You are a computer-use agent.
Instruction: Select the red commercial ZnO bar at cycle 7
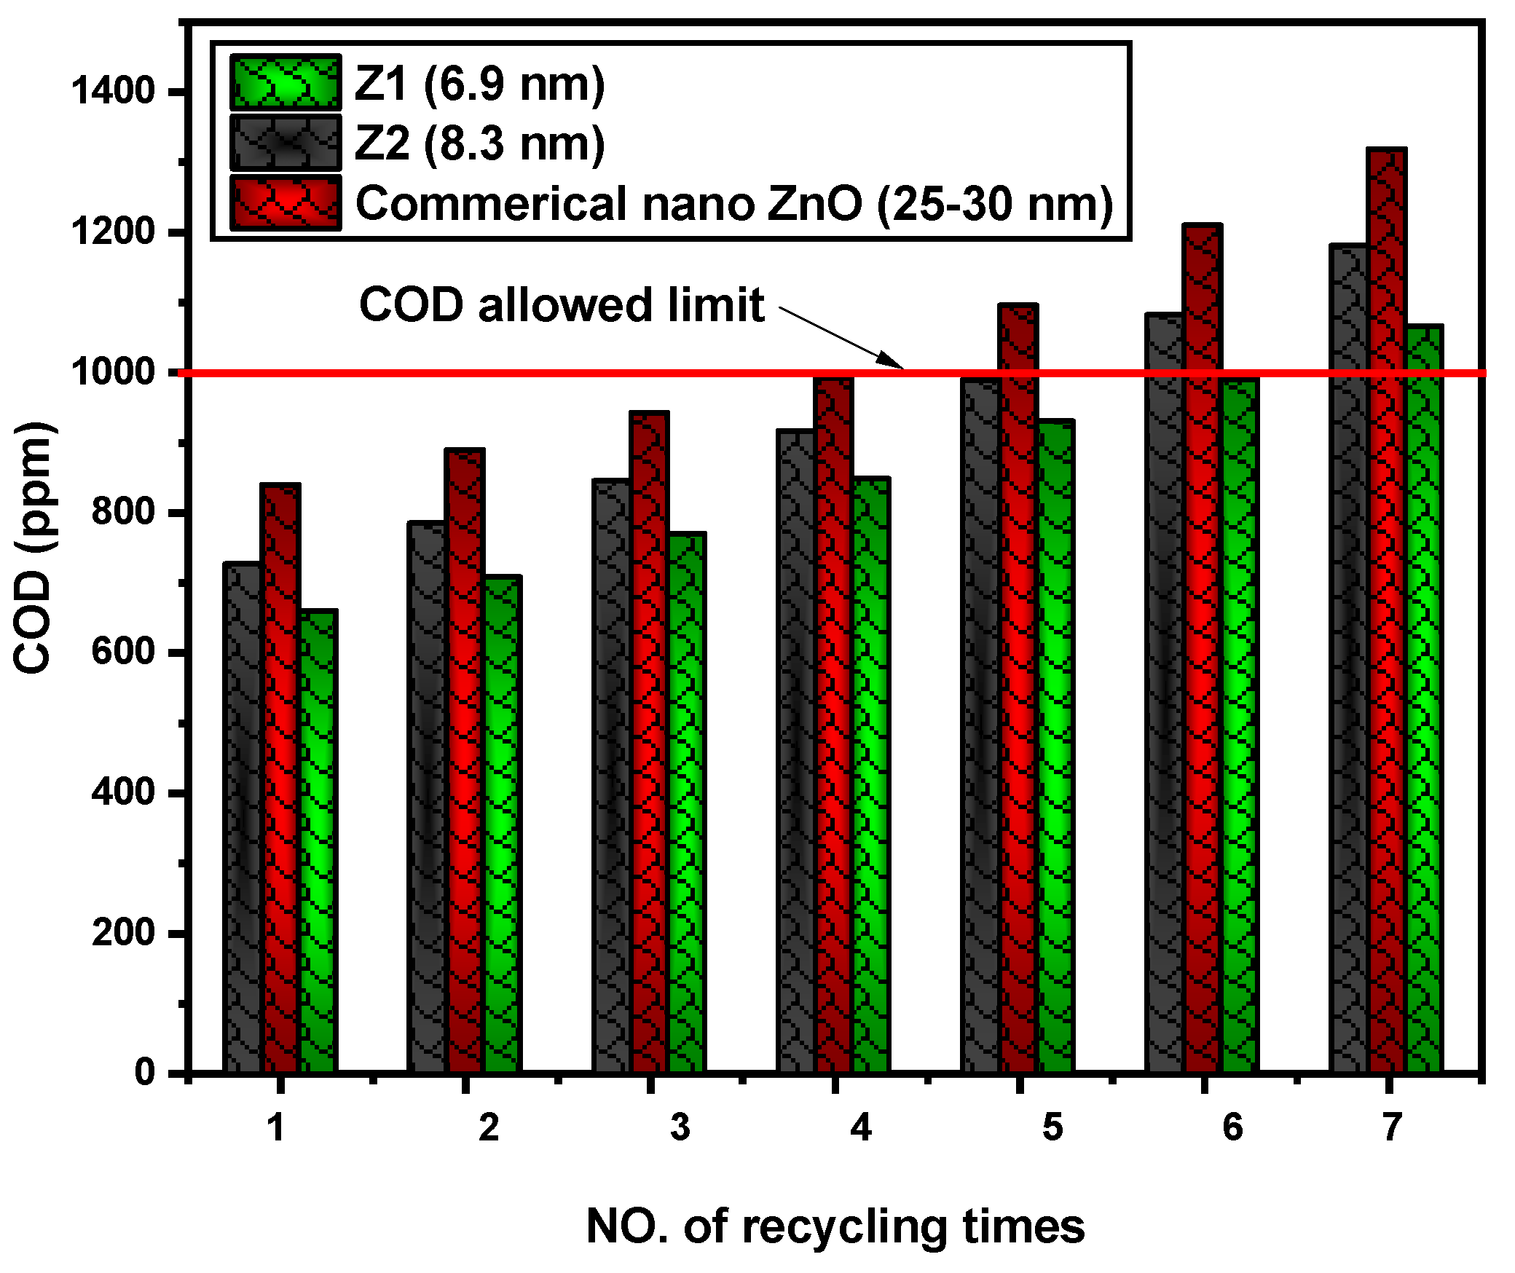coord(1387,612)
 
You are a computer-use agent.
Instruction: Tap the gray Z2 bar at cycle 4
coord(796,750)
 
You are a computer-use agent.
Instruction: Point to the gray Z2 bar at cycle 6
coord(1164,692)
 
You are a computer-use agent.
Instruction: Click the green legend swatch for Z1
coord(286,83)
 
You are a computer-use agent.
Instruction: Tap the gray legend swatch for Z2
coord(286,143)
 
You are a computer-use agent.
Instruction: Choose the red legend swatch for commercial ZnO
coord(286,202)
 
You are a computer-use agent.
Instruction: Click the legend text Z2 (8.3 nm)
coord(479,143)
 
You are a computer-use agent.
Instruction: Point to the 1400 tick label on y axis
coord(113,92)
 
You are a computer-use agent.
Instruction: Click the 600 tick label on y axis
coord(124,651)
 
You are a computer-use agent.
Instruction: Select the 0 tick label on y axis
coord(145,1072)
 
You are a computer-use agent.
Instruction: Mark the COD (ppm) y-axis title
coord(33,546)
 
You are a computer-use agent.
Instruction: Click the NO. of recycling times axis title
coord(835,1226)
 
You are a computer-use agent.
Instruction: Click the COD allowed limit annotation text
coord(561,304)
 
